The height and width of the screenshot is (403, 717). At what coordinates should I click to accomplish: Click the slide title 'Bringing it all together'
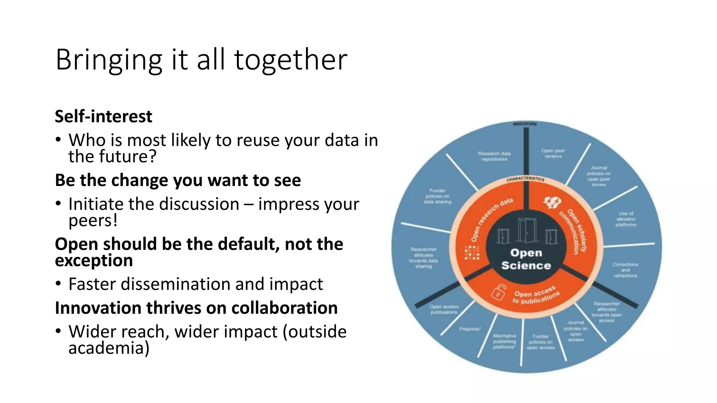pyautogui.click(x=201, y=59)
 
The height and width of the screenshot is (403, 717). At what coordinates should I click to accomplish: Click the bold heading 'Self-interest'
pyautogui.click(x=104, y=116)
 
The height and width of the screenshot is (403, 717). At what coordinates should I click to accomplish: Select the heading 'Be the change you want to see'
pyautogui.click(x=178, y=180)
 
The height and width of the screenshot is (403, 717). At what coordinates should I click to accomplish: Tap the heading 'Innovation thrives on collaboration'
pyautogui.click(x=196, y=308)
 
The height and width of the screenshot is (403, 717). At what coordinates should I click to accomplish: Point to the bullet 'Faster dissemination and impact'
pyautogui.click(x=195, y=284)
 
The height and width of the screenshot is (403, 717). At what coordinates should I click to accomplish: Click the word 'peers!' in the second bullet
pyautogui.click(x=93, y=220)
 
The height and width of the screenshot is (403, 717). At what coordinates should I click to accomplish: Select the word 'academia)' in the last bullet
pyautogui.click(x=109, y=348)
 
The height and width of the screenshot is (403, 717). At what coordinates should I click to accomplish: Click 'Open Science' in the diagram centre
pyautogui.click(x=526, y=259)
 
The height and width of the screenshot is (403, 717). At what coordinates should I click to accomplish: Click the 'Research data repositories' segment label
pyautogui.click(x=494, y=156)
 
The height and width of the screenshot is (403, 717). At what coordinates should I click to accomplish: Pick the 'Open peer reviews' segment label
pyautogui.click(x=553, y=153)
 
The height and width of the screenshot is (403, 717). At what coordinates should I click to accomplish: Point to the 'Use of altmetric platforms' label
pyautogui.click(x=626, y=219)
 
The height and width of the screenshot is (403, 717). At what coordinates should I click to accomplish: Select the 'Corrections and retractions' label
pyautogui.click(x=625, y=270)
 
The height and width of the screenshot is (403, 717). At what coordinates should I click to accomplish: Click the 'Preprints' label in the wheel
pyautogui.click(x=470, y=329)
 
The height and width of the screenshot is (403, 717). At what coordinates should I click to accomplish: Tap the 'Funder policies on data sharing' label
pyautogui.click(x=438, y=196)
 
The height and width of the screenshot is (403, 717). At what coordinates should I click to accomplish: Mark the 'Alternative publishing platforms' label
pyautogui.click(x=504, y=341)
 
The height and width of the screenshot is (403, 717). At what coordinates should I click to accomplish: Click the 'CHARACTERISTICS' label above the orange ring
pyautogui.click(x=525, y=179)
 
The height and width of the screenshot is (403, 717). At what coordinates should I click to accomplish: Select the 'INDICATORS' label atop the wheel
pyautogui.click(x=524, y=124)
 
